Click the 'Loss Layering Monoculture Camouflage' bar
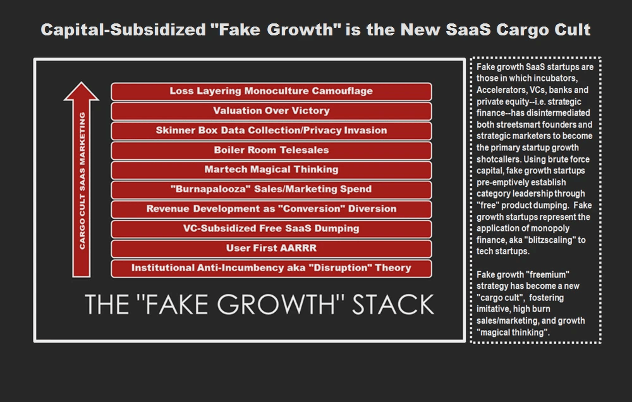coord(271,92)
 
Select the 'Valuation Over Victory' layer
coord(271,111)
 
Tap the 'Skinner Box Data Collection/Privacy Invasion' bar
coord(271,131)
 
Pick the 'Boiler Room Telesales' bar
coord(271,150)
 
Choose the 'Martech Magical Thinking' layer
coord(271,170)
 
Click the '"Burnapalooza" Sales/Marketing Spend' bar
coord(271,190)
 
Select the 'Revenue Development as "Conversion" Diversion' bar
coord(271,209)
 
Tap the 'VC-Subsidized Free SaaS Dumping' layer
coord(271,229)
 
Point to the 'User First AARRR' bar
coord(271,248)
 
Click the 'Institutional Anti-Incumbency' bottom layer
coord(271,268)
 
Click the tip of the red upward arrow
coord(82,82)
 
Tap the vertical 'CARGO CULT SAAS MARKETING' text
coord(82,180)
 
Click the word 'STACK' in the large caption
coord(393,305)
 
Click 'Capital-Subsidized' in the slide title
coord(123,30)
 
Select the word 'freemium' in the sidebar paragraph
coord(547,274)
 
